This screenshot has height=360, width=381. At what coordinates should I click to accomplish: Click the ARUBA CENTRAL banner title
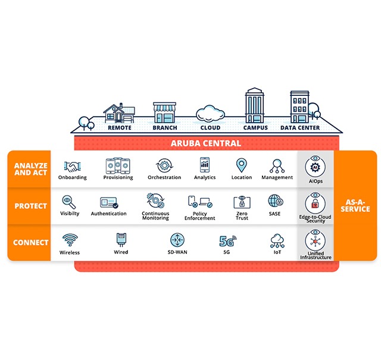(207, 143)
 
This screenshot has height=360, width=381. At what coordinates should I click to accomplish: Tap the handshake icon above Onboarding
(73, 165)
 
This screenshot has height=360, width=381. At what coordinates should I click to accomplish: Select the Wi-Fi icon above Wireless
(70, 240)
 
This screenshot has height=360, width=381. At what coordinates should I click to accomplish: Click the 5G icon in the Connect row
(227, 241)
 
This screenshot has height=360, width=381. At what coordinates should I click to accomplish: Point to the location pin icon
(241, 165)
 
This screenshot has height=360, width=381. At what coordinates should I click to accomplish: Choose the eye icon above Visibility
(70, 202)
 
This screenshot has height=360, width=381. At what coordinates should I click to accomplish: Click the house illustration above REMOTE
(118, 113)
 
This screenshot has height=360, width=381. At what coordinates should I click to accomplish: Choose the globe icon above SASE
(275, 201)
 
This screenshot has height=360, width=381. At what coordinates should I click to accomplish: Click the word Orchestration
(164, 177)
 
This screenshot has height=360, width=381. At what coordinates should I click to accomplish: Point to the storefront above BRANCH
(164, 113)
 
